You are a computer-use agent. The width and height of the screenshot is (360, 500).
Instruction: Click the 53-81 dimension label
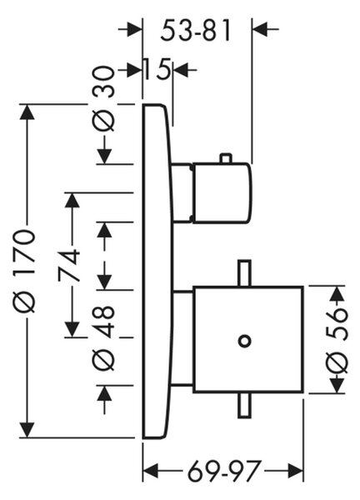[x=195, y=32]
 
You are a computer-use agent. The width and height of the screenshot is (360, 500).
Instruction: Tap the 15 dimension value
[x=156, y=69]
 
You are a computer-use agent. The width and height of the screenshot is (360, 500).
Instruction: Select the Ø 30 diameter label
[x=104, y=98]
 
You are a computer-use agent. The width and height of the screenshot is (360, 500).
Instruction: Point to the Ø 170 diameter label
[x=23, y=270]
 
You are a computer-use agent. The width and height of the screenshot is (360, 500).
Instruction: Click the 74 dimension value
[x=69, y=265]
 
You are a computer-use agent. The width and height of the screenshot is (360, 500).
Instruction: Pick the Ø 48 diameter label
[x=104, y=337]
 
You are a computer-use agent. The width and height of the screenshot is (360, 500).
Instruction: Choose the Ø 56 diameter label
[x=337, y=340]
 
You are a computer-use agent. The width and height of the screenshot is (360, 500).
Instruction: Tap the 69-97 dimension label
[x=224, y=470]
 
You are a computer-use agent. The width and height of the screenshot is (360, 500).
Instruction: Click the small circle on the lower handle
[x=244, y=341]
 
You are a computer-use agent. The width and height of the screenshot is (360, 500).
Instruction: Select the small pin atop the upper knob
[x=226, y=158]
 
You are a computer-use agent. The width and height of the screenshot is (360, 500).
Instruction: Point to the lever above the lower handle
[x=244, y=273]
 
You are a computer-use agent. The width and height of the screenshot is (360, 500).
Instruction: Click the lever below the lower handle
[x=244, y=405]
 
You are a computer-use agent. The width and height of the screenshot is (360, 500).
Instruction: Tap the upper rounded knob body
[x=222, y=192]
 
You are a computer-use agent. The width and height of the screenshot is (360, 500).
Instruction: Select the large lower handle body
[x=248, y=339]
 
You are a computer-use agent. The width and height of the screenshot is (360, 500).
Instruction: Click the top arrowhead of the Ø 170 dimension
[x=27, y=112]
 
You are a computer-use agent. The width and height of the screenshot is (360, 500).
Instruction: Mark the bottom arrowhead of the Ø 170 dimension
[x=27, y=430]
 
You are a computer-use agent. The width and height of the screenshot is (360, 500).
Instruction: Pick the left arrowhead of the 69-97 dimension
[x=151, y=470]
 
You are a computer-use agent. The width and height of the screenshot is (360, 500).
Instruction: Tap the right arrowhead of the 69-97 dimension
[x=295, y=471]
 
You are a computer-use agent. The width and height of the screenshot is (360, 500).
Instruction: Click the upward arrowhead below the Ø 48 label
[x=105, y=392]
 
